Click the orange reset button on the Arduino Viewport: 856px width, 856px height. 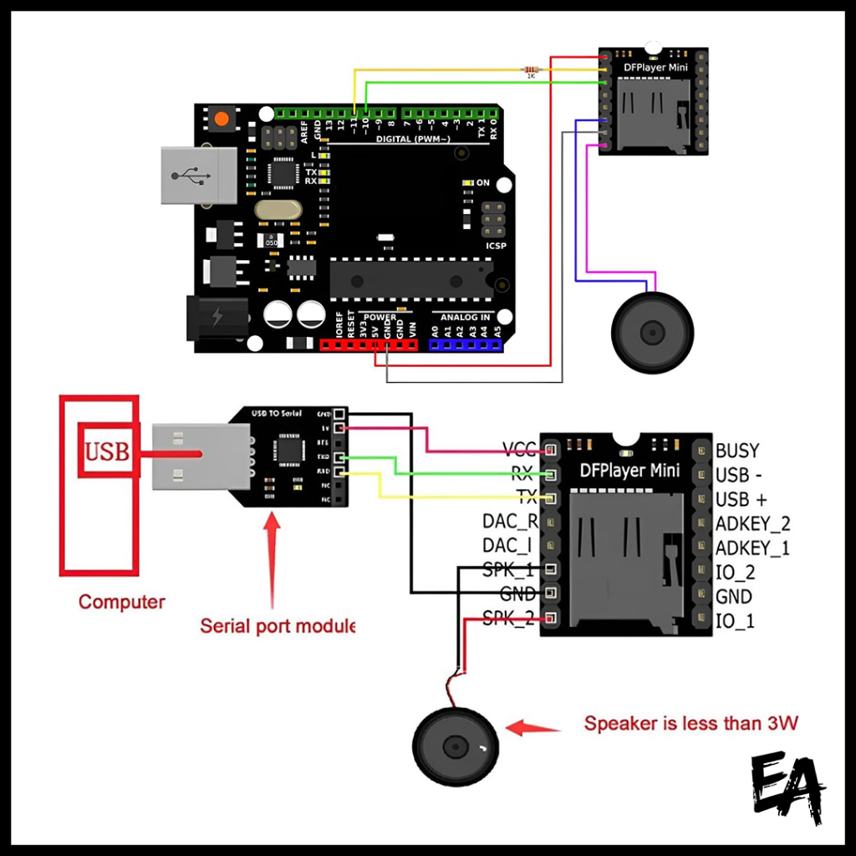(x=222, y=119)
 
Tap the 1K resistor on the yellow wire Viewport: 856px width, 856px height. (x=530, y=70)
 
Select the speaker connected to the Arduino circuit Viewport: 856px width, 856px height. (x=653, y=333)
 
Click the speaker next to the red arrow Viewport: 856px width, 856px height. (x=456, y=745)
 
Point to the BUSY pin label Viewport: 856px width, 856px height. (x=737, y=451)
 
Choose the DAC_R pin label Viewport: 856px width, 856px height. (x=510, y=522)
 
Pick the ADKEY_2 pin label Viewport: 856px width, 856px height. (x=752, y=524)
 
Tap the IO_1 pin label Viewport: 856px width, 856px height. (x=735, y=621)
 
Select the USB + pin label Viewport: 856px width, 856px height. (x=741, y=500)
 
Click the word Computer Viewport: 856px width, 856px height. (x=122, y=602)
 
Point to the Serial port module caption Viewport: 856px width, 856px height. (x=277, y=625)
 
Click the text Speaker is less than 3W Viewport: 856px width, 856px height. (x=690, y=723)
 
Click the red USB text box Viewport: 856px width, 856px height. (x=106, y=451)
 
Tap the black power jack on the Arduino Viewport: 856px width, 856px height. (x=216, y=318)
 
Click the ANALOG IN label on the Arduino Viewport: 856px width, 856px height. (x=465, y=318)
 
